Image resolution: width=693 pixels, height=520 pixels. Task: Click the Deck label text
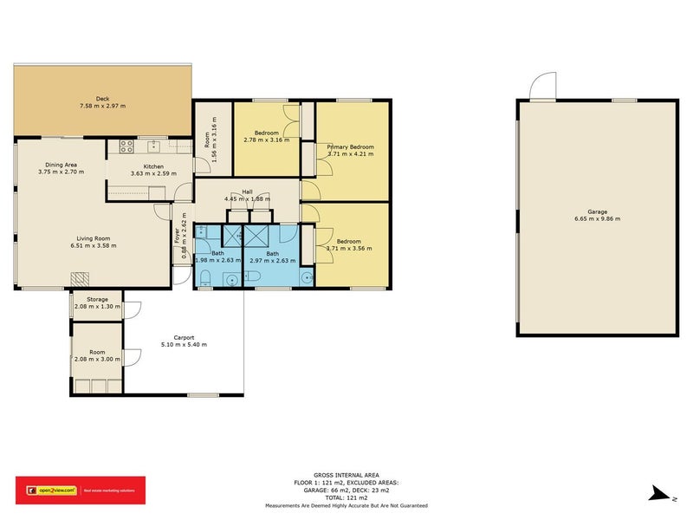coord(103,98)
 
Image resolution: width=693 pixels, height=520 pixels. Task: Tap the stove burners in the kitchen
coord(126,146)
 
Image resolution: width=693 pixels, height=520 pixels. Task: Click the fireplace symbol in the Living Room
coord(81,278)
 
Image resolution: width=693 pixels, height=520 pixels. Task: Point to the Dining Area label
coord(62,165)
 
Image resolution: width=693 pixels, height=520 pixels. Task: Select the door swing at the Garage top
coord(543,88)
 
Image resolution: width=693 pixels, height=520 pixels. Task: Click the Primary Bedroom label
coord(350,147)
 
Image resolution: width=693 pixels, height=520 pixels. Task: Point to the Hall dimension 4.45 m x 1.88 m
coord(247,199)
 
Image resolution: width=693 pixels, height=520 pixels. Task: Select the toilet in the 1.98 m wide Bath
coord(205,277)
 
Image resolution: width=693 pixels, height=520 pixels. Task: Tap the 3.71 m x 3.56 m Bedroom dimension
coord(349,248)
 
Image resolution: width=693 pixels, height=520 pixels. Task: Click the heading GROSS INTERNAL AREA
coord(346,474)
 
